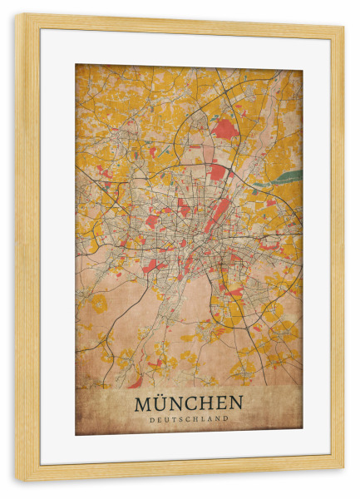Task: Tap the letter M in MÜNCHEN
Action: point(142,403)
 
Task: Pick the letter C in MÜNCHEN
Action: point(192,403)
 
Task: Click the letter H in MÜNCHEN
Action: point(207,403)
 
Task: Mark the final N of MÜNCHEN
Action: point(236,403)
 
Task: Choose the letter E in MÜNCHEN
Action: point(222,403)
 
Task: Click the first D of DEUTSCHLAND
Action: point(153,419)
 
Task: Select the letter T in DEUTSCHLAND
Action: point(174,419)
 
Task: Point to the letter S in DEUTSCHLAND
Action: point(180,419)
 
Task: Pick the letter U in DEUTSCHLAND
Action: point(167,419)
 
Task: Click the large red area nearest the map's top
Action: point(224,128)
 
